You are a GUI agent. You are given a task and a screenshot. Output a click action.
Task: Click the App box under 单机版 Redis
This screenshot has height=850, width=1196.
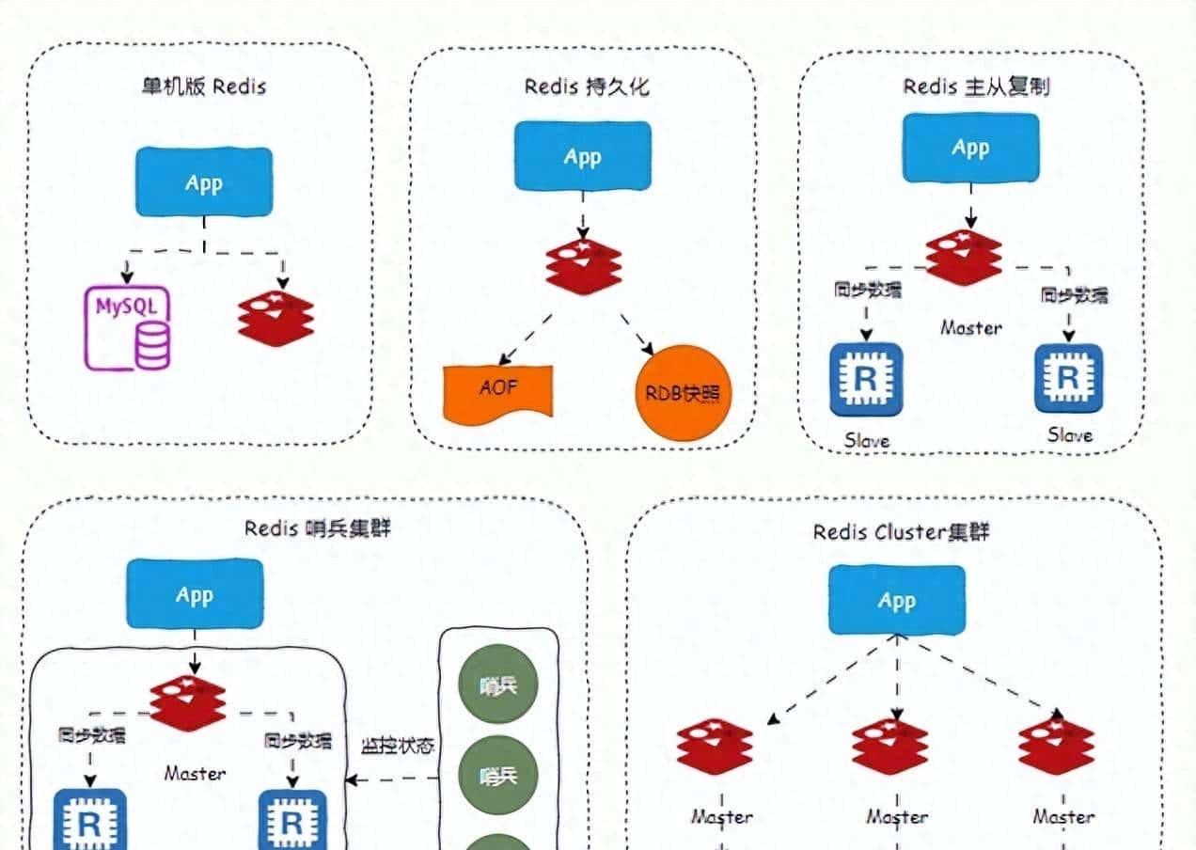point(203,181)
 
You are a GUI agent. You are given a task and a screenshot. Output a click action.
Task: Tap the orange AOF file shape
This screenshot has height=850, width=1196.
point(498,390)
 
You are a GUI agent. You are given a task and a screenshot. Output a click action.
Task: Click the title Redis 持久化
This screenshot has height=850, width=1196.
point(587,87)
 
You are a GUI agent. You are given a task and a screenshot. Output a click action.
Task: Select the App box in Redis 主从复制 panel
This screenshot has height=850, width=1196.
point(970,148)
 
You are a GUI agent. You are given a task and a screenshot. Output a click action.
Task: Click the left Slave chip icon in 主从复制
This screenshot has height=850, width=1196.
point(866,379)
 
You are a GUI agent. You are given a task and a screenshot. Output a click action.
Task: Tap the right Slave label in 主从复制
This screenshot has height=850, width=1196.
point(1070,435)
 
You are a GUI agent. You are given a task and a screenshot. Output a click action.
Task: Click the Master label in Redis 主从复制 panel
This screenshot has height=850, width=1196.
point(971,328)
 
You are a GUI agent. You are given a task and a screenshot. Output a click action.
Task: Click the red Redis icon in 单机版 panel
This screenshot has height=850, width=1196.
point(275,319)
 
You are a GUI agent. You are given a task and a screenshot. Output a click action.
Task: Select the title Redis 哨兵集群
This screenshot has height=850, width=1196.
point(317,527)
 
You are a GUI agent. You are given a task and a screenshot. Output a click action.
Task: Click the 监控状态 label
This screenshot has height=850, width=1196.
point(398,746)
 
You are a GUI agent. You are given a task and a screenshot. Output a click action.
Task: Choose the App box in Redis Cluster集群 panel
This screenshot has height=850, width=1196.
point(896,600)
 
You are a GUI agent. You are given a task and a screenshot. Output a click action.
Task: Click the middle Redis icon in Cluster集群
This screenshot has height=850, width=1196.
point(890,746)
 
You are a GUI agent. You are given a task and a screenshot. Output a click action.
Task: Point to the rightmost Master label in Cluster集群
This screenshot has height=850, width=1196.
point(1063,816)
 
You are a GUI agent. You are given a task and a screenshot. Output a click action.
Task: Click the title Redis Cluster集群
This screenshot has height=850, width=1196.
point(901,532)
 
